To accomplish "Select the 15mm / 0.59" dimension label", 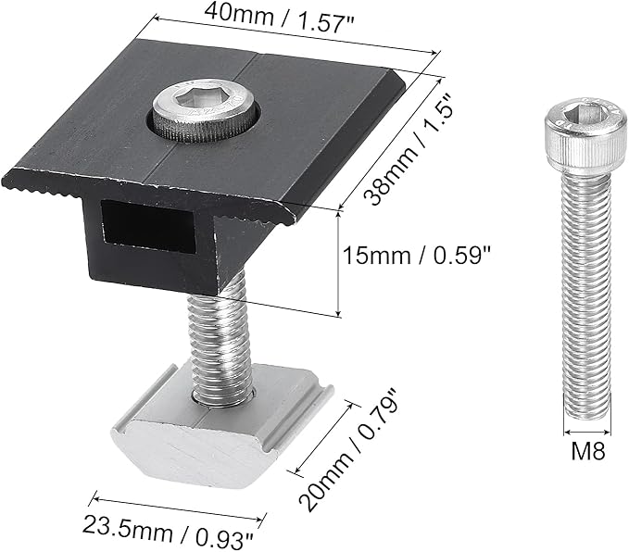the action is (416, 255).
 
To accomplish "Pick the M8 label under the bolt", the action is (587, 451).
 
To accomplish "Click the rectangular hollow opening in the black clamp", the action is (147, 227).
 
